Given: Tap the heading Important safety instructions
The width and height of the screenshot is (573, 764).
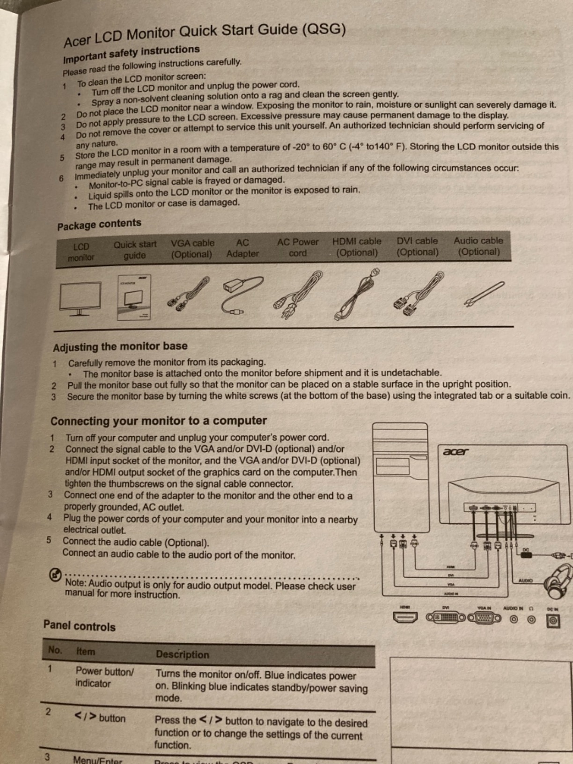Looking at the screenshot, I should pos(132,54).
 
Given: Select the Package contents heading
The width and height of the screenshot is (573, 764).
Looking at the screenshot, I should pos(99,224).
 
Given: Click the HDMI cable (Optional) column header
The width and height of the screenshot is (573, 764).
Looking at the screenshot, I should pos(357,247).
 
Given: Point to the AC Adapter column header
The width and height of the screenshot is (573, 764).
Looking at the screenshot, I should pos(242,248).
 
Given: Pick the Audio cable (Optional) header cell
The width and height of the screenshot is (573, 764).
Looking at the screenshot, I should pos(478,246).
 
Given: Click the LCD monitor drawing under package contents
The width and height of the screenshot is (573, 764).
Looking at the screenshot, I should pos(80,298).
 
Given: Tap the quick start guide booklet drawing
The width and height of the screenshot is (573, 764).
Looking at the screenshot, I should pos(134,297).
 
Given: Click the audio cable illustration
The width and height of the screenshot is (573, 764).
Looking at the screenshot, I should pos(484,294).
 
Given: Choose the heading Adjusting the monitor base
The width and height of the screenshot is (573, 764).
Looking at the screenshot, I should pos(120,347).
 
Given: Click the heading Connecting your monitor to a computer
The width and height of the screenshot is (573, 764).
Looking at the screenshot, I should pos(159,421).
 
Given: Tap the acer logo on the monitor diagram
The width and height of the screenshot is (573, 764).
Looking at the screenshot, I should pos(455,452).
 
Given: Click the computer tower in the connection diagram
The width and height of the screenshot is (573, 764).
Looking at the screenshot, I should pos(400,477).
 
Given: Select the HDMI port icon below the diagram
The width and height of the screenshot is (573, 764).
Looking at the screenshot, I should pos(405,618).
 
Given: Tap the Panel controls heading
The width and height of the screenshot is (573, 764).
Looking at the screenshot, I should pos(79,626).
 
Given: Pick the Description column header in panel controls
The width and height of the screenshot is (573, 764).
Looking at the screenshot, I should pos(183,654).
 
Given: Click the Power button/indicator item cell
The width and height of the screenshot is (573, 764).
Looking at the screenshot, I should pos(104,677).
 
